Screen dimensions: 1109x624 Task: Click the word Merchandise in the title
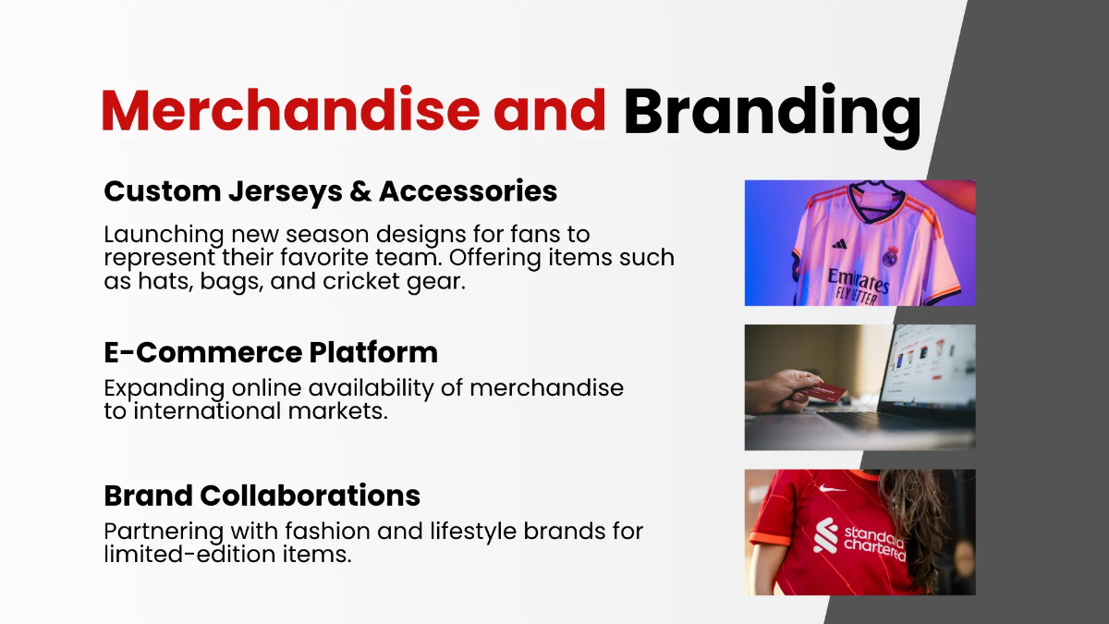pyautogui.click(x=290, y=109)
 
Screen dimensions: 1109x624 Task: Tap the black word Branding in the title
pyautogui.click(x=773, y=115)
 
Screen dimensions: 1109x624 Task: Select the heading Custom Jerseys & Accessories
pyautogui.click(x=330, y=192)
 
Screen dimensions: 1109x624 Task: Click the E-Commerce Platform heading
pyautogui.click(x=271, y=352)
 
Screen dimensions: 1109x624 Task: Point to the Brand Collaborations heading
pyautogui.click(x=262, y=496)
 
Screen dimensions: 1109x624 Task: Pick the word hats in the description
pyautogui.click(x=165, y=281)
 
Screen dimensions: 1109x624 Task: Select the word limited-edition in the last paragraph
pyautogui.click(x=189, y=554)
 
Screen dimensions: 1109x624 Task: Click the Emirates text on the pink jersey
pyautogui.click(x=858, y=281)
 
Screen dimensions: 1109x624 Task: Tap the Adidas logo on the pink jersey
pyautogui.click(x=839, y=244)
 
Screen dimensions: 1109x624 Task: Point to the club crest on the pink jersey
pyautogui.click(x=891, y=257)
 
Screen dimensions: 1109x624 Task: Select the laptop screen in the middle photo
pyautogui.click(x=931, y=365)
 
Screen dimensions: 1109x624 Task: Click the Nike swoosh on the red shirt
pyautogui.click(x=832, y=489)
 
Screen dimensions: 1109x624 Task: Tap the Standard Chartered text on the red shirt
pyautogui.click(x=874, y=544)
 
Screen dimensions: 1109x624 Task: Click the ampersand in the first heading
pyautogui.click(x=360, y=191)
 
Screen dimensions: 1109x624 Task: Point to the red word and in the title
pyautogui.click(x=550, y=109)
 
